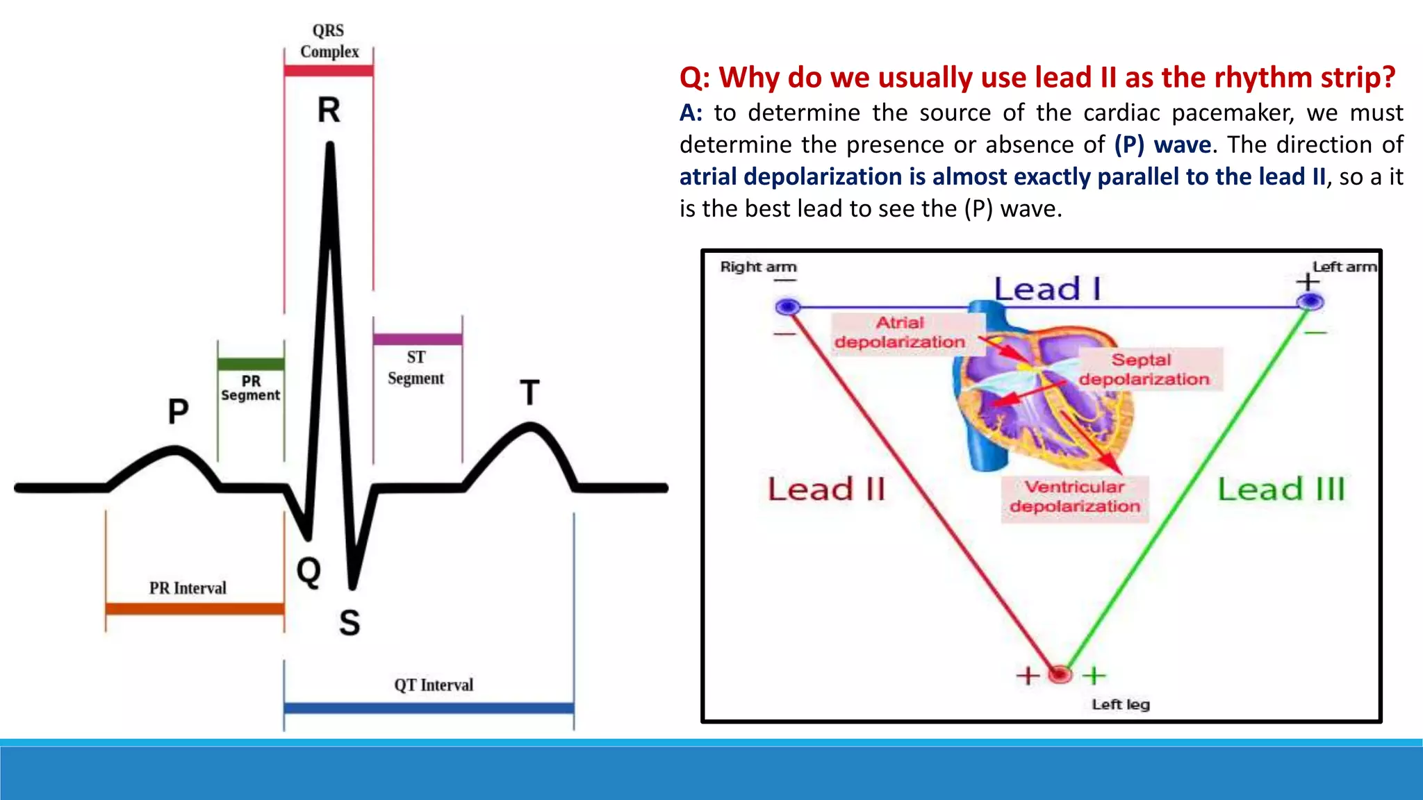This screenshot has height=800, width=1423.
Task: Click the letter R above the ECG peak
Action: coord(329,110)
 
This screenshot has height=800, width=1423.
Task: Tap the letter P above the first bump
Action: coord(178,411)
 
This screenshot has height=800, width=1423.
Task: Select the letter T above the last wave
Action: coord(529,393)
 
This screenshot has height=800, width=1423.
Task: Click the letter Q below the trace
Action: coord(309,572)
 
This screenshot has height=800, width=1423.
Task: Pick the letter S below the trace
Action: coord(349,622)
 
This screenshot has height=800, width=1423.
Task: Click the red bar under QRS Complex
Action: coord(329,70)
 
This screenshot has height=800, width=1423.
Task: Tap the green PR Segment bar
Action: coord(251,364)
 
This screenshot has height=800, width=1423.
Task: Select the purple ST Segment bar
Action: coord(417,339)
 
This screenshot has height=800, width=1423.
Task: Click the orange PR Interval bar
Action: coord(195,608)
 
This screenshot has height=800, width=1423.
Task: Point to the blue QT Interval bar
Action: coord(429,708)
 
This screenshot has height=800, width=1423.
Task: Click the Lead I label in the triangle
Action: coord(1047,289)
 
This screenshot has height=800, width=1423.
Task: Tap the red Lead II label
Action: coord(826,490)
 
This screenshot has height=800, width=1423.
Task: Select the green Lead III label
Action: coord(1281,490)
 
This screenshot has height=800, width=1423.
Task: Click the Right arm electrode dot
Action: coord(788,306)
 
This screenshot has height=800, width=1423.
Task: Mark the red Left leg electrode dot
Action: coord(1060,674)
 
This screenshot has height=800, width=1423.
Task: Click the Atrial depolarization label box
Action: coord(900,333)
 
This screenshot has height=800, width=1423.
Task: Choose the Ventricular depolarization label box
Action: coord(1075,497)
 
